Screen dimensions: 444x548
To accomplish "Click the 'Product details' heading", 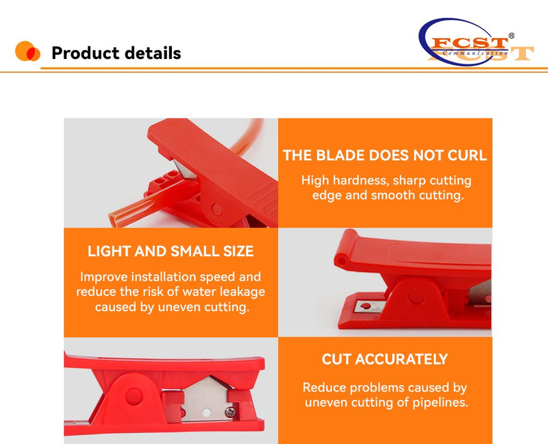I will pyautogui.click(x=116, y=53).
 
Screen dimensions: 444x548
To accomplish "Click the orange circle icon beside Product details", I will pyautogui.click(x=27, y=51).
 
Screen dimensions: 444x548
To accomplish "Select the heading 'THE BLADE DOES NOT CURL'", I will pyautogui.click(x=385, y=155).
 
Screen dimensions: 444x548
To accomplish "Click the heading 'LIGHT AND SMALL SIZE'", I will pyautogui.click(x=171, y=251).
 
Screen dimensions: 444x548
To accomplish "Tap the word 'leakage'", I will pyautogui.click(x=238, y=292).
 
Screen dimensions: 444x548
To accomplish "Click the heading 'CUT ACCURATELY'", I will pyautogui.click(x=385, y=359).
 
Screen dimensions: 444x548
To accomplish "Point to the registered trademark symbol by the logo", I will pyautogui.click(x=511, y=36).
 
